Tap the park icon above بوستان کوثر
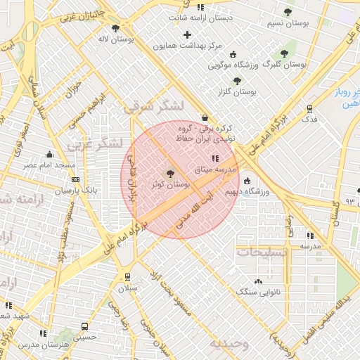click(x=170, y=173)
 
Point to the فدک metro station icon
click(x=309, y=108)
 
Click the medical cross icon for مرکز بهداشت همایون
click(x=186, y=34)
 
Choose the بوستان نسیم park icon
click(x=287, y=12)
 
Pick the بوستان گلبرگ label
click(x=285, y=64)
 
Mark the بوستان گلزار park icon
click(x=237, y=80)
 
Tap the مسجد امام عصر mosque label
click(x=49, y=165)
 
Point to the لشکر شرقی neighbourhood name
click(x=153, y=106)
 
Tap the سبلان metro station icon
click(x=127, y=276)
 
